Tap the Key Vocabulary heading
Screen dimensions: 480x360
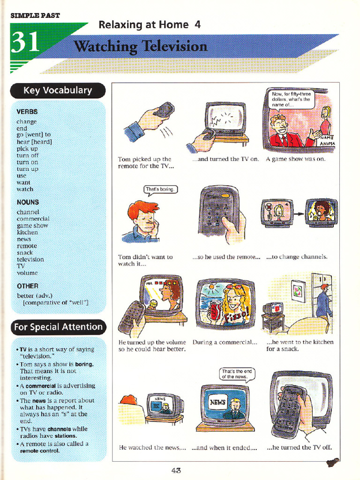[x=58, y=90]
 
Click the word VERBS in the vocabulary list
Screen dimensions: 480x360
[x=27, y=112]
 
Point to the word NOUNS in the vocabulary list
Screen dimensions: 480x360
[x=28, y=202]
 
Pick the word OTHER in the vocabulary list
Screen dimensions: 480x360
[x=27, y=285]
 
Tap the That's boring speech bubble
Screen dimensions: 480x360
[x=160, y=190]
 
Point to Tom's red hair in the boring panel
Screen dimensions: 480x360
[x=142, y=209]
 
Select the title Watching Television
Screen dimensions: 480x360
[x=141, y=46]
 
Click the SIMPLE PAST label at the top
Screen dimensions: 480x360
[x=35, y=15]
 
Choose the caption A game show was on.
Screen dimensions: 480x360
[x=295, y=159]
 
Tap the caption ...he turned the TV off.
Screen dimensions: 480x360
[x=299, y=447]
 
